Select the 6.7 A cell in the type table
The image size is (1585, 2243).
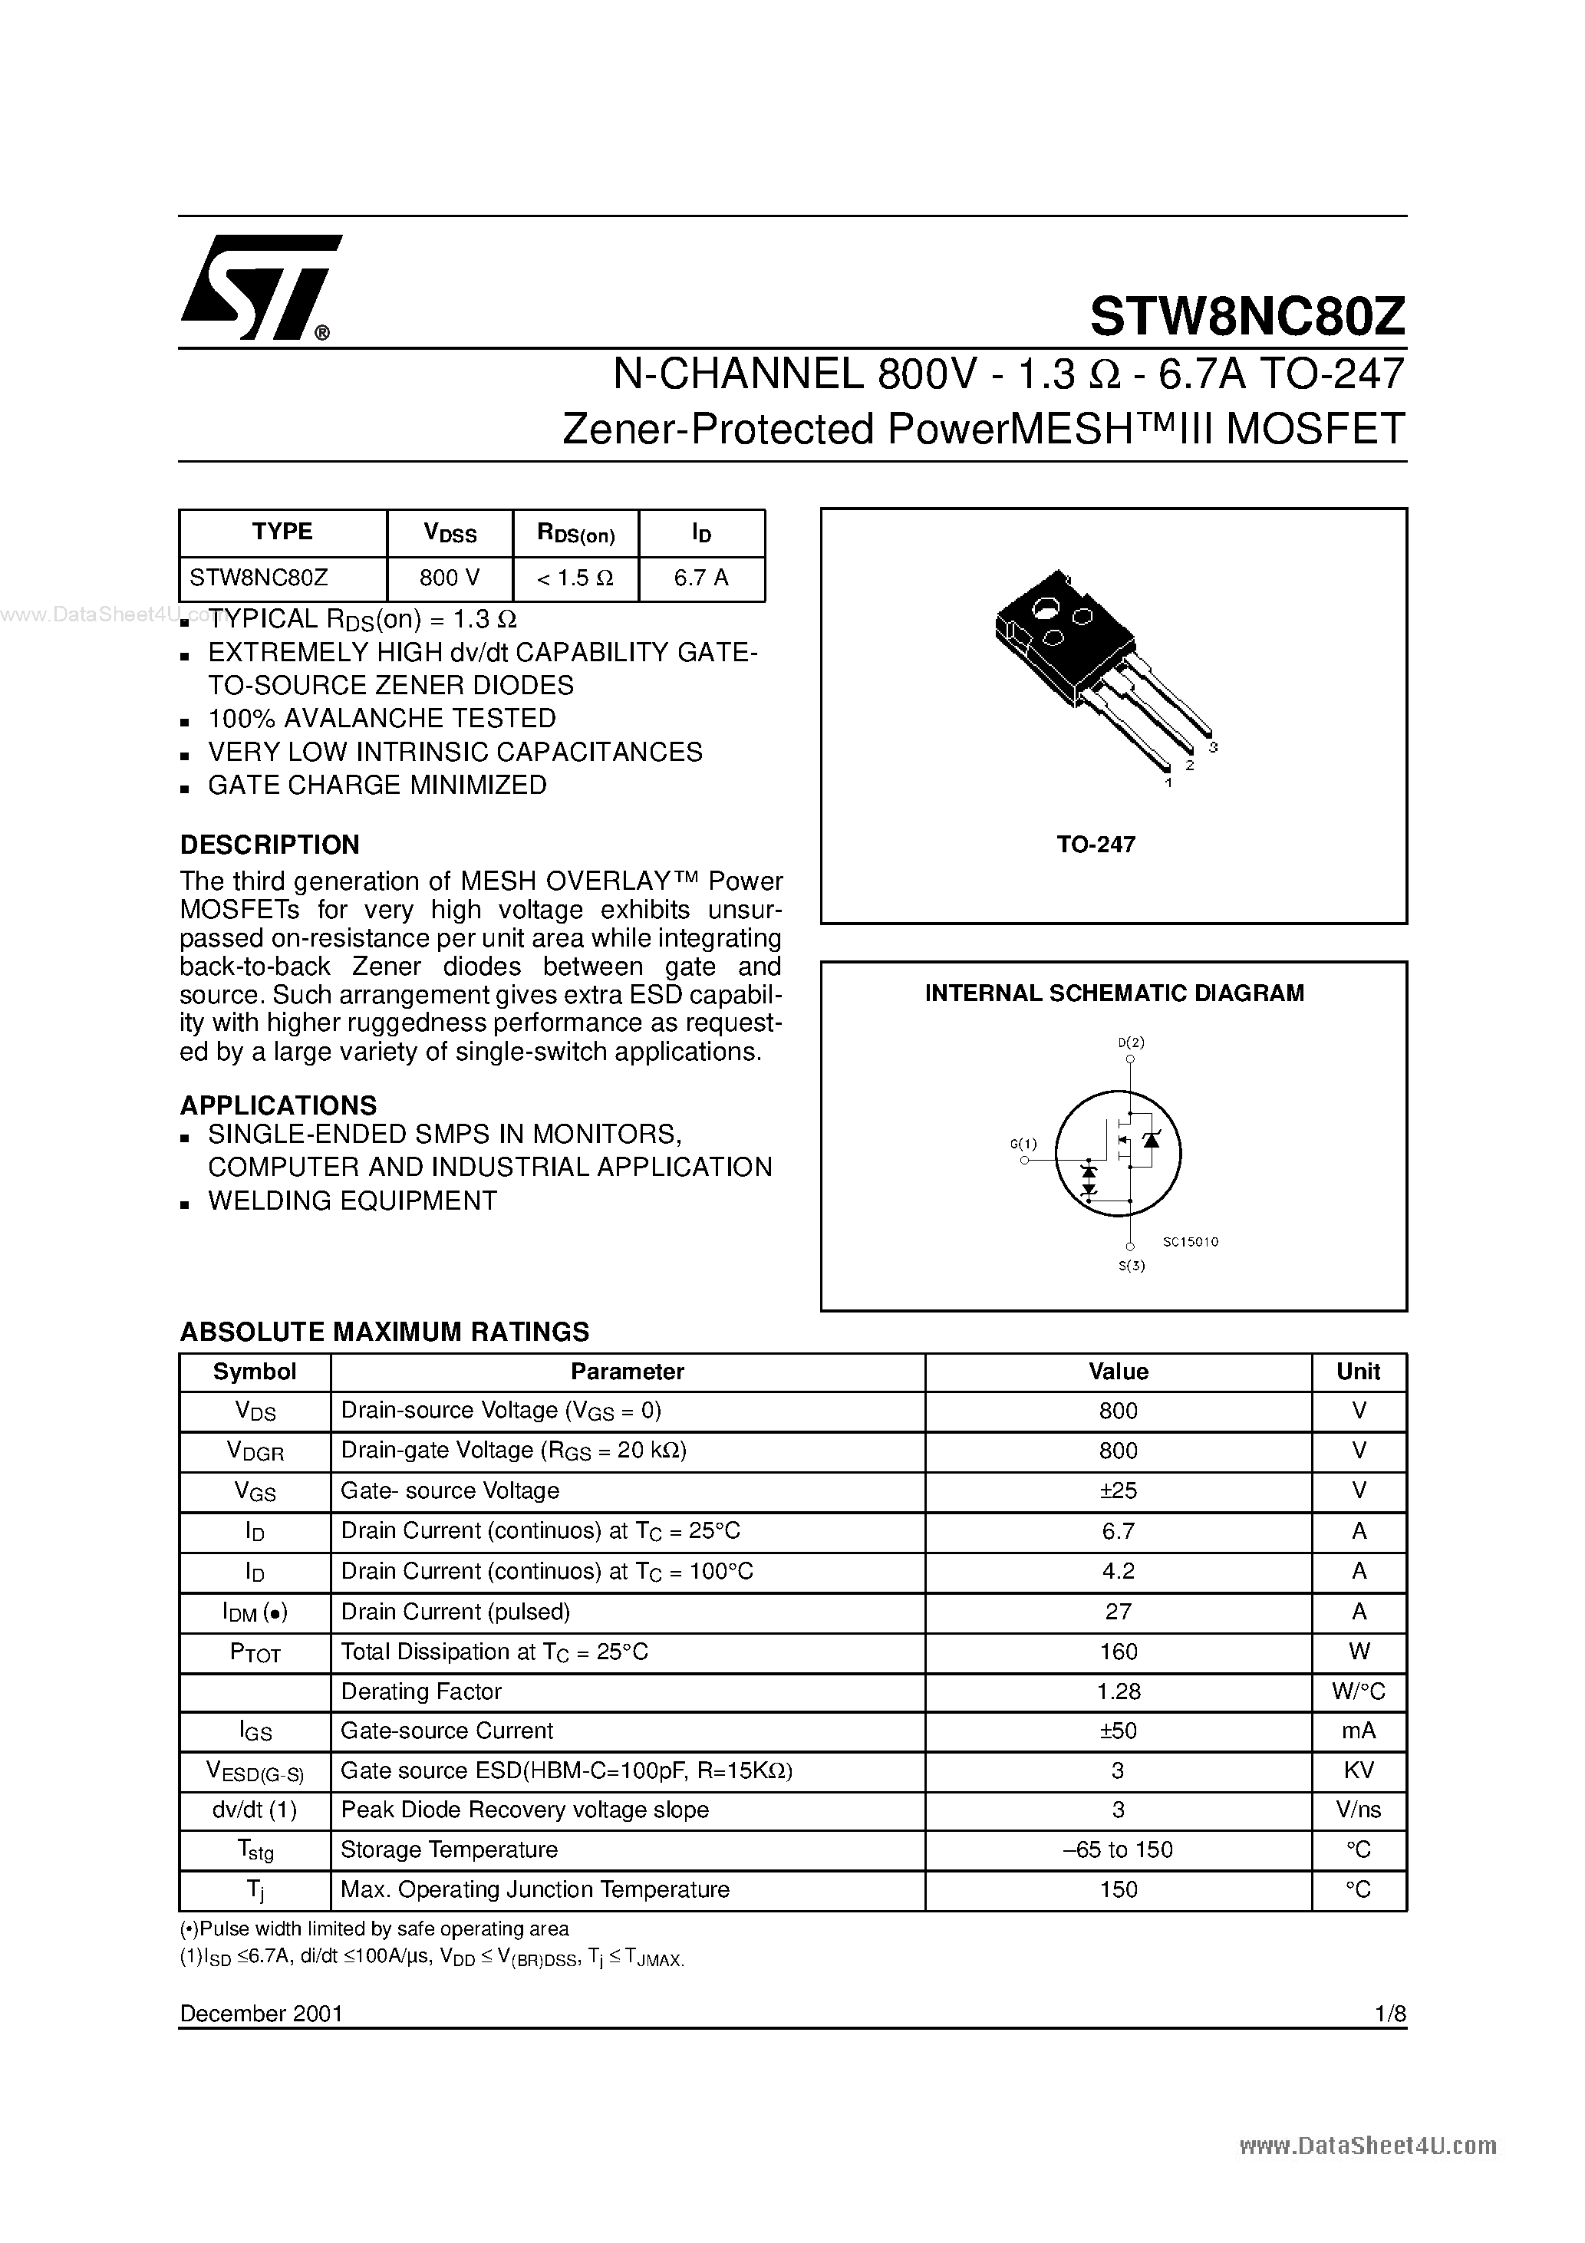(x=700, y=578)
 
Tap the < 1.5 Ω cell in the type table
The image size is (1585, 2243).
(x=575, y=578)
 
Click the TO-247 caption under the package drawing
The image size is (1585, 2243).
(x=1096, y=844)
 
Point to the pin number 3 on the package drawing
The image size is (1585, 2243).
(x=1213, y=747)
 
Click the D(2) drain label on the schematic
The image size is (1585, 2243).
(x=1131, y=1042)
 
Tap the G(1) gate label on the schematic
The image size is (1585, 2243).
(x=1023, y=1144)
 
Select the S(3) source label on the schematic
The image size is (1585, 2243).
(x=1131, y=1266)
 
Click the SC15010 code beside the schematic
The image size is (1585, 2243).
(x=1190, y=1243)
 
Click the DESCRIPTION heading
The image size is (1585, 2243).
(x=270, y=845)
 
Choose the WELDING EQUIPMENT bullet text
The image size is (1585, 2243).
(x=353, y=1201)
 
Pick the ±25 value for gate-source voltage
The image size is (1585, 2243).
(x=1118, y=1490)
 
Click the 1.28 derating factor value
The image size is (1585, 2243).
(x=1118, y=1691)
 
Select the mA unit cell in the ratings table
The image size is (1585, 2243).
(x=1358, y=1730)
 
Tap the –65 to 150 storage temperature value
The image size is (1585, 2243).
(x=1118, y=1849)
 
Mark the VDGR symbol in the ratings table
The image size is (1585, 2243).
(x=255, y=1451)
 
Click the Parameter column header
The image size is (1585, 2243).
(x=628, y=1372)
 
